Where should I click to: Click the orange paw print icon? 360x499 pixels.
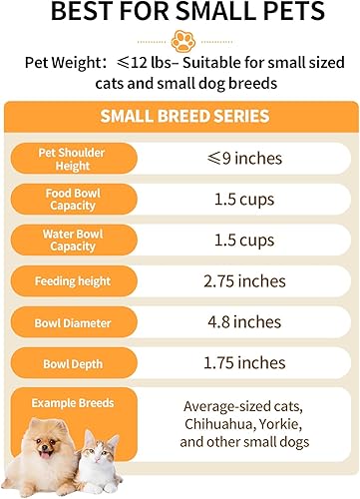(x=180, y=40)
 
